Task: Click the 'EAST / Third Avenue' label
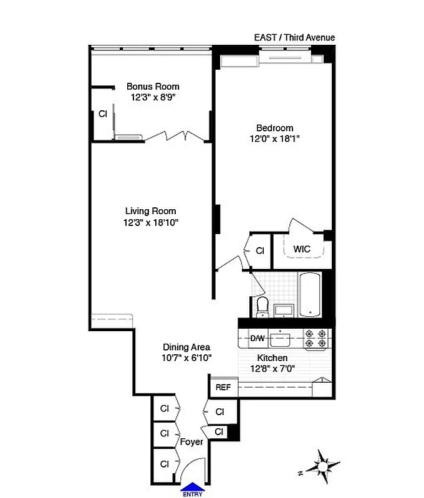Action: point(294,37)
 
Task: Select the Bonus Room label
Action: point(153,87)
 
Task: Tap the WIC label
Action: point(302,249)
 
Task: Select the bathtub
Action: point(309,294)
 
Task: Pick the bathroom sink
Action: point(284,309)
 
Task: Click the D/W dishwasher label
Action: point(257,339)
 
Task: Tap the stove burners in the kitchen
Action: point(315,338)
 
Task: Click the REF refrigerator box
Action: point(223,387)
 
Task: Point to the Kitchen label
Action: point(272,358)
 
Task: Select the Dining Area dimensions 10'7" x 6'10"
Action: point(186,358)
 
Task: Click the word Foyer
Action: point(191,442)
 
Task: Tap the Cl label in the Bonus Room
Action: point(102,114)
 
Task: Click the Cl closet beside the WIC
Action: point(260,251)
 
